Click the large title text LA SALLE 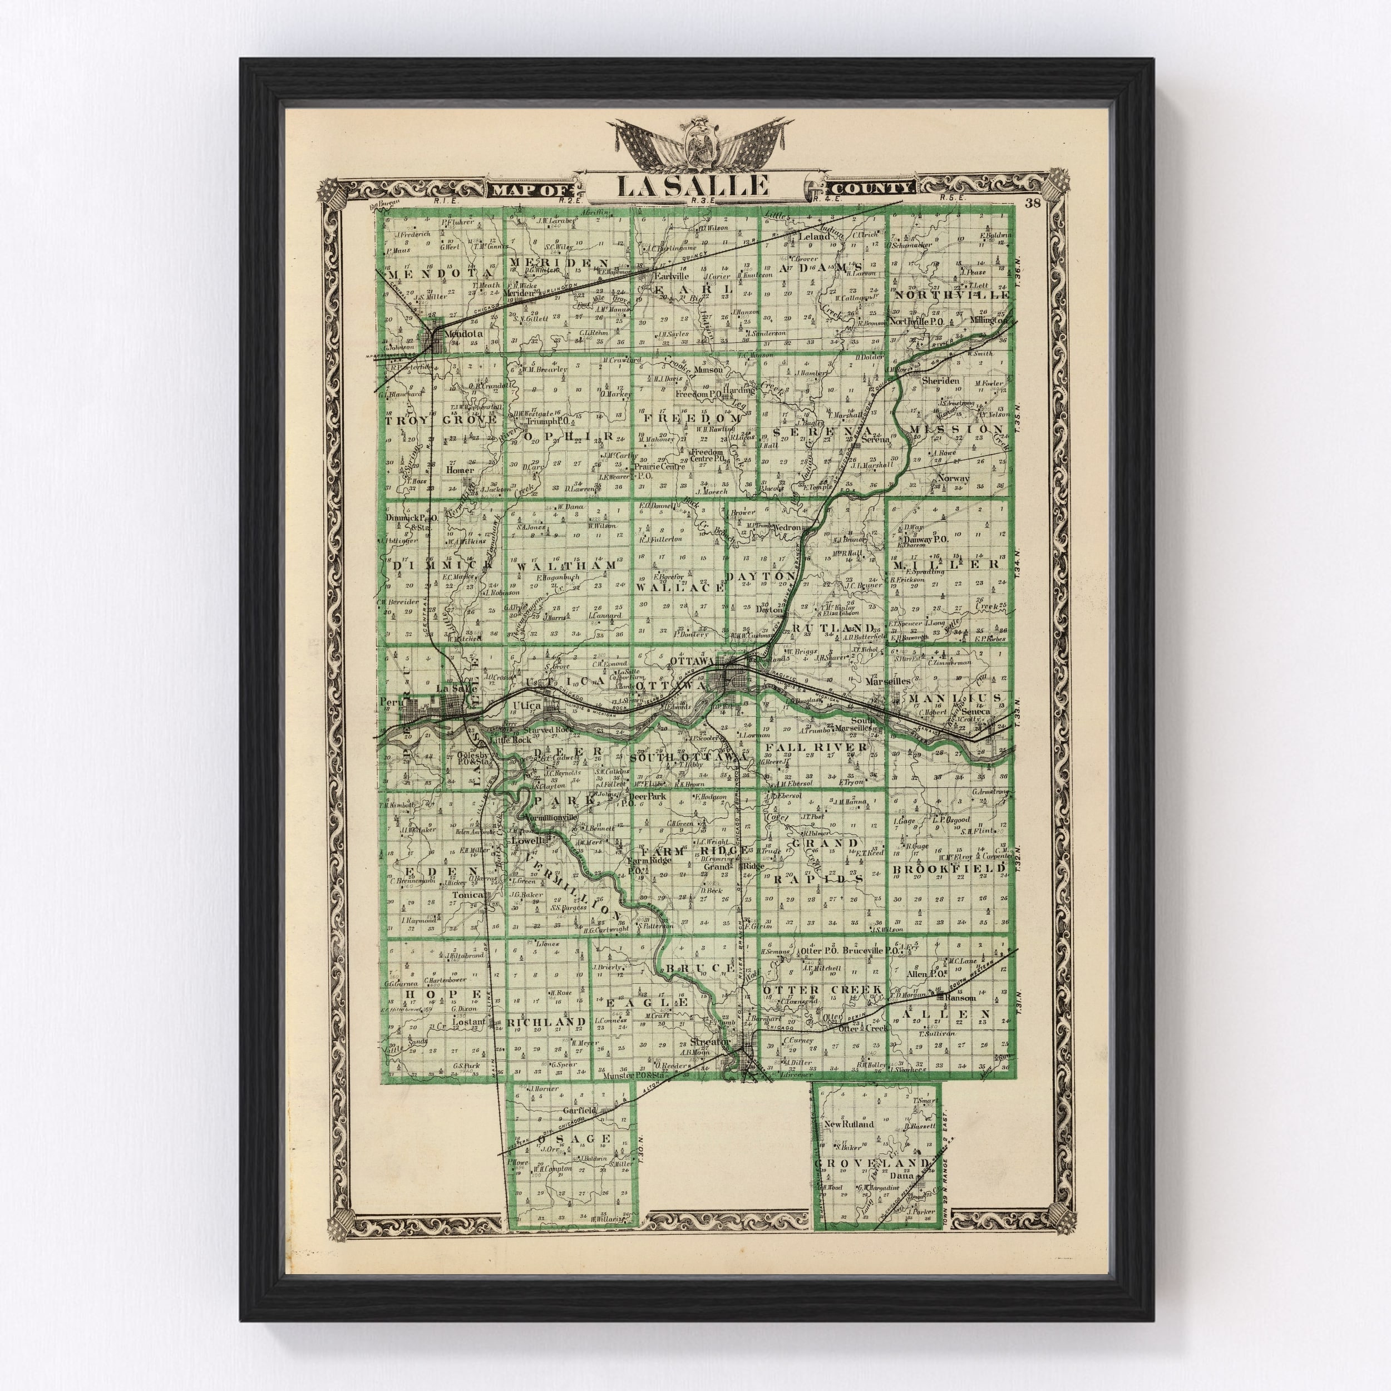click(691, 186)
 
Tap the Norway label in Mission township click(953, 478)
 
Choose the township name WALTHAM click(566, 565)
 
